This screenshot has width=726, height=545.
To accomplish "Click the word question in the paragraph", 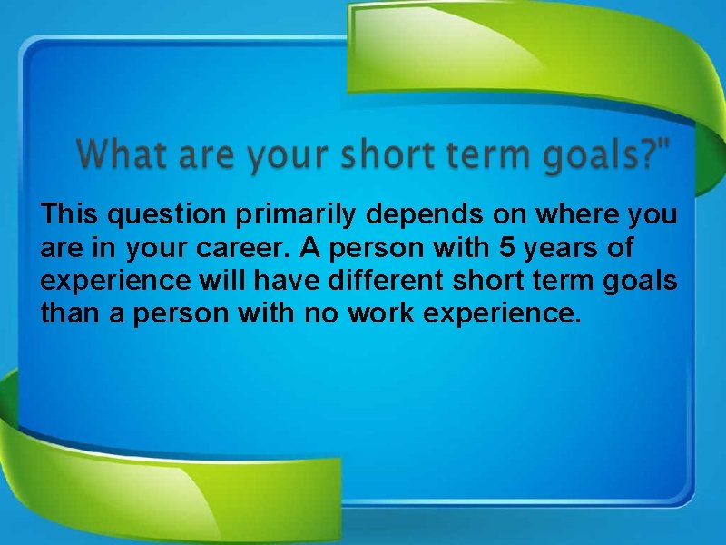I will (164, 216).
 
